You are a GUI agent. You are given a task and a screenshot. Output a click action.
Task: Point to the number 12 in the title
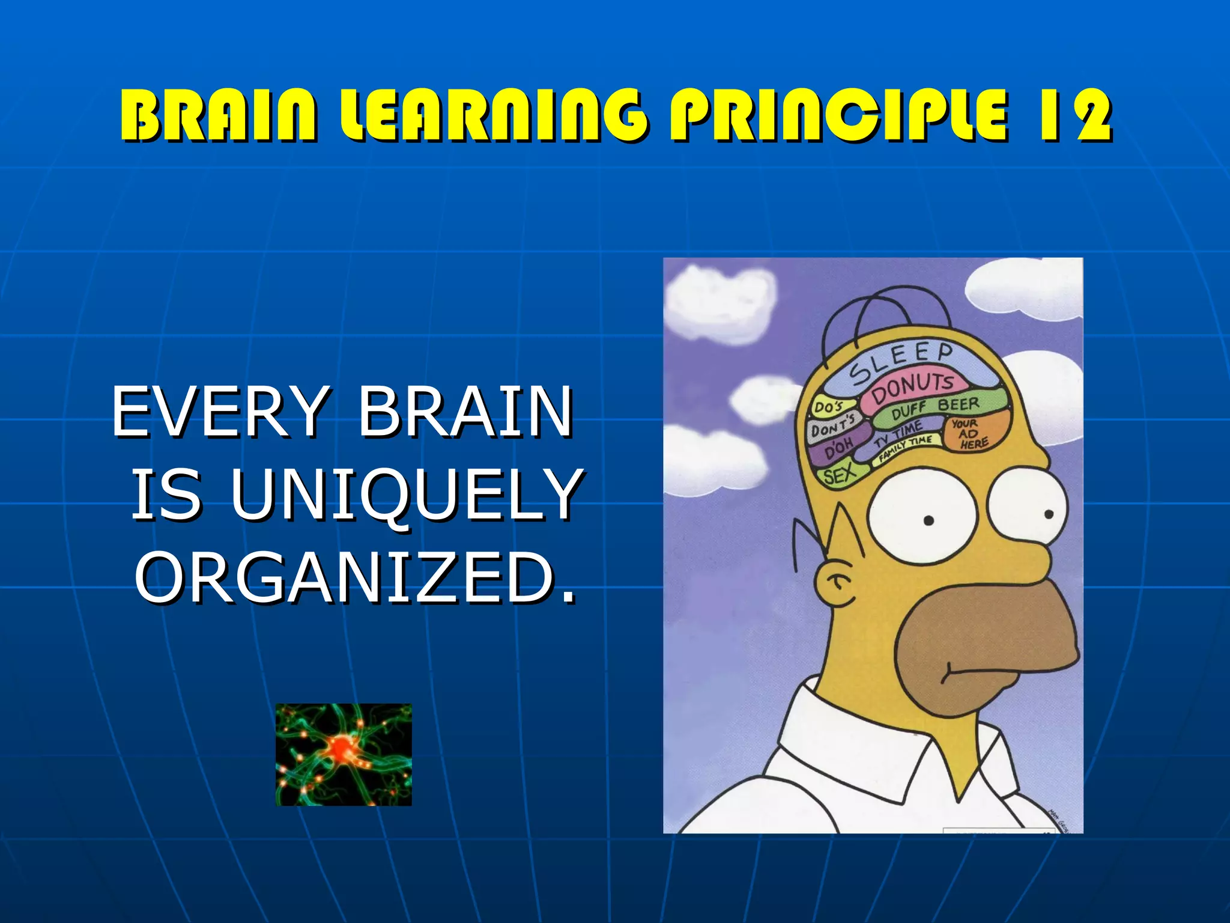coord(1073,115)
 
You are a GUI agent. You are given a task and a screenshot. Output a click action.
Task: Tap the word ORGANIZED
coord(354,578)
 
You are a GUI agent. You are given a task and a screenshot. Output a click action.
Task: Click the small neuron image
coord(344,754)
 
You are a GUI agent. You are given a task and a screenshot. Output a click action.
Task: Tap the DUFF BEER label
coord(935,408)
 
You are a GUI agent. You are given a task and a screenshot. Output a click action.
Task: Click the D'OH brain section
coord(838,450)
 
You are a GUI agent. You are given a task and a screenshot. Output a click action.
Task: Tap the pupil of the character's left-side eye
coord(929,520)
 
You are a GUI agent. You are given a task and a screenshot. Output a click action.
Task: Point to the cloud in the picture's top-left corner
coord(718,300)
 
